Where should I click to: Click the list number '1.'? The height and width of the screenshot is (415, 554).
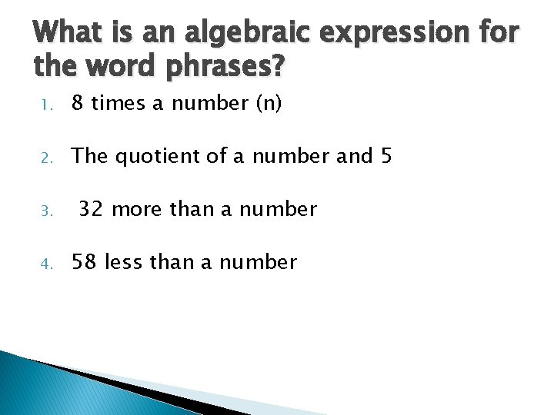click(45, 105)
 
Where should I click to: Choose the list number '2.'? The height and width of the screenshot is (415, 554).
click(45, 158)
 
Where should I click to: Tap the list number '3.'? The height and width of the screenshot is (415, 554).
click(45, 211)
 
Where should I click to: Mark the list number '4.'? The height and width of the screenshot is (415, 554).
click(45, 264)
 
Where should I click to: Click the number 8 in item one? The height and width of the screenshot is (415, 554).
click(78, 104)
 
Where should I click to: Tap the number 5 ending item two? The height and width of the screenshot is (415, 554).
click(385, 156)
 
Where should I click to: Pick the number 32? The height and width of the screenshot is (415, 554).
click(92, 209)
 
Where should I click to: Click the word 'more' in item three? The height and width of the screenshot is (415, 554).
click(137, 209)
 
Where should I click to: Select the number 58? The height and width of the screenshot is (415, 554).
click(85, 262)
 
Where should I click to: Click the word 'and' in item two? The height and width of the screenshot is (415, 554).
click(354, 156)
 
